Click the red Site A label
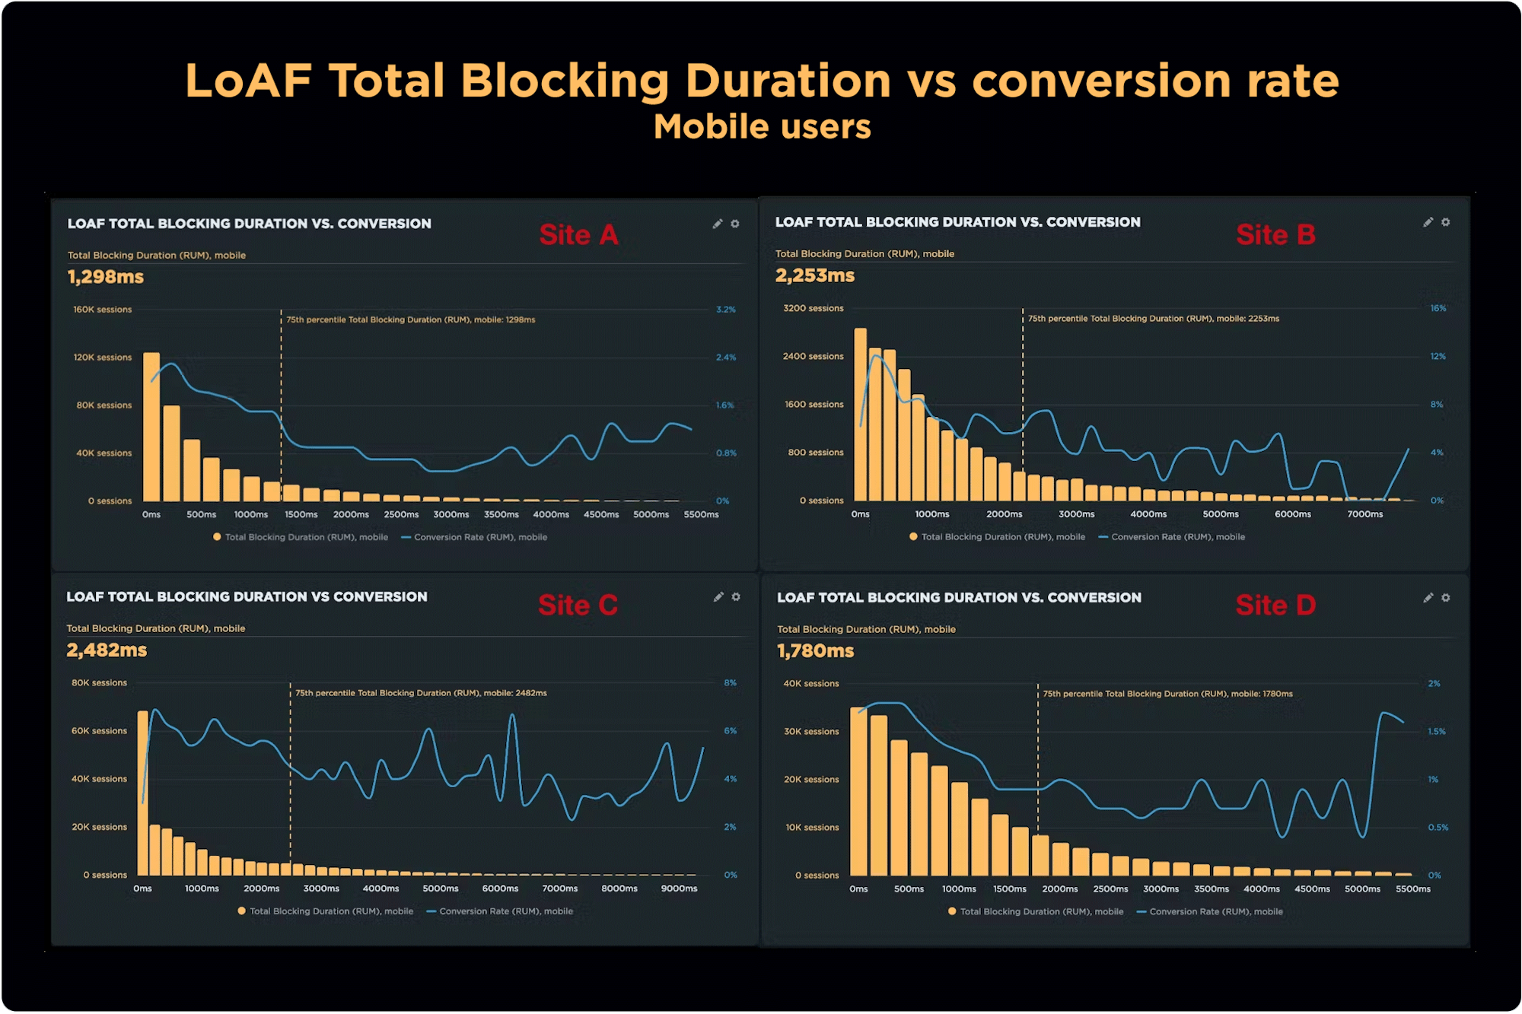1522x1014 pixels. pos(578,235)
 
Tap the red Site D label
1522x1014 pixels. pos(1275,606)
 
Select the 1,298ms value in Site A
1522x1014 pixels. pos(106,277)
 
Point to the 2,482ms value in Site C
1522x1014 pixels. pos(107,650)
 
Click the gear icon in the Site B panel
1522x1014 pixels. pos(1445,222)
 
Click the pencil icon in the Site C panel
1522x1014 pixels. pos(718,597)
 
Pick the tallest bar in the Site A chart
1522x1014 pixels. pos(151,426)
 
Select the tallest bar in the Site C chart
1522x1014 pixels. pos(142,791)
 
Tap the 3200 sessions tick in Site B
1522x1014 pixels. pos(813,308)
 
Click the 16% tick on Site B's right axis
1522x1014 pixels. pos(1438,308)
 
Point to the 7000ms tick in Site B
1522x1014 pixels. pos(1364,514)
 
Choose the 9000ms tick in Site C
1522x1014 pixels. pos(679,888)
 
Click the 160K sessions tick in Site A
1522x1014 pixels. pos(102,310)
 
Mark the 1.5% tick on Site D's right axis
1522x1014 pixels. pos(1436,732)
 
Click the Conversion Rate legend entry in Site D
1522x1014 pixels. pos(1215,911)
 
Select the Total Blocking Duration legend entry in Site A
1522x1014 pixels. pos(305,537)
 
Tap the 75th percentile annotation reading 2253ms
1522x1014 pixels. pos(1153,319)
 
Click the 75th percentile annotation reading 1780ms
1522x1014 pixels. pos(1167,694)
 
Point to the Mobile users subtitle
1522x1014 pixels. pos(762,127)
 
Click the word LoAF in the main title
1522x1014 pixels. pos(249,81)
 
